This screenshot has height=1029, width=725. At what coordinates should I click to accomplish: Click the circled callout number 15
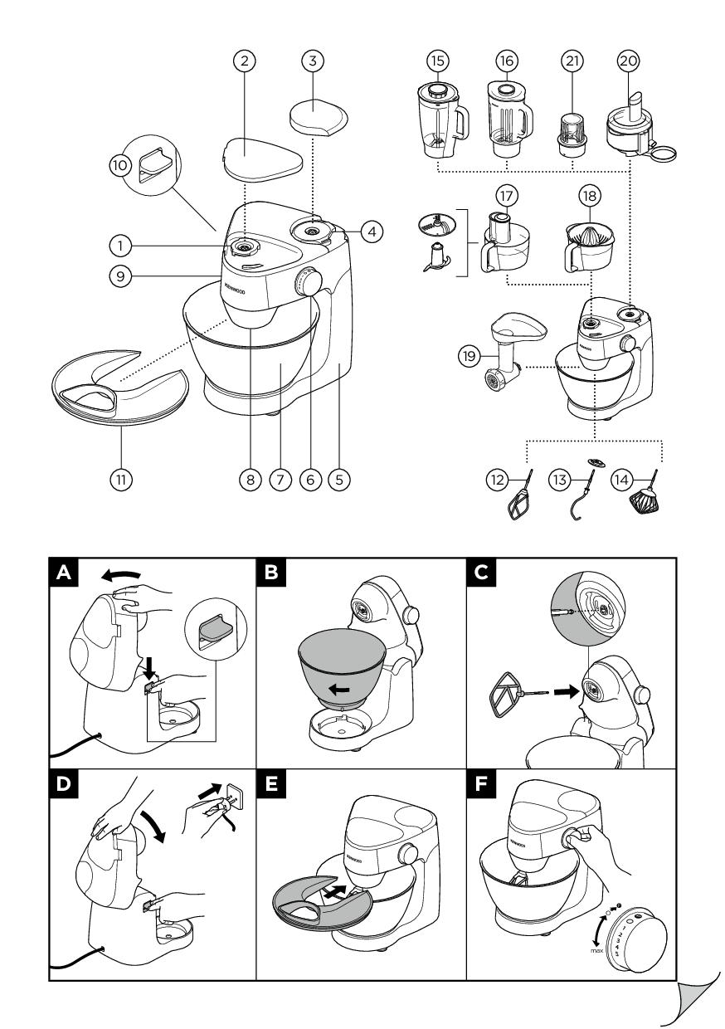[437, 61]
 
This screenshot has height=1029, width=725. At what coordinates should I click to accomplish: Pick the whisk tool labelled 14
[645, 502]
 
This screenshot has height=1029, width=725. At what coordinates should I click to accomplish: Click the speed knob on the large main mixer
[310, 285]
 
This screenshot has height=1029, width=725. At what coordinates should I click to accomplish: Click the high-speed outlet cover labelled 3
[317, 116]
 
